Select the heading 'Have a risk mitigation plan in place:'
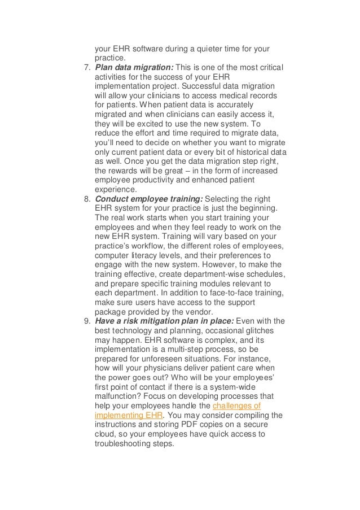pos(163,322)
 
